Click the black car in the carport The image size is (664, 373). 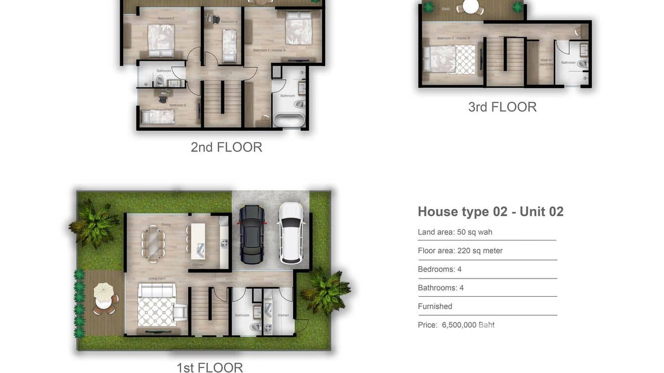252,234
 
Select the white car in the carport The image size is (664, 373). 291,233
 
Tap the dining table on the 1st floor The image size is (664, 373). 154,243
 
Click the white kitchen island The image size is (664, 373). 198,241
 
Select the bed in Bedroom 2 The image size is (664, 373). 161,41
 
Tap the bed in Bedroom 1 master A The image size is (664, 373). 298,28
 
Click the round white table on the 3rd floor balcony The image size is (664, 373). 471,6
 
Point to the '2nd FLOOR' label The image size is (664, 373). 226,147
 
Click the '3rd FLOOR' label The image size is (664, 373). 502,107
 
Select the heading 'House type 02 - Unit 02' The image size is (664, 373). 490,212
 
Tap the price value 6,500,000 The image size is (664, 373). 459,325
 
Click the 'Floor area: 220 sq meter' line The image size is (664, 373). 460,251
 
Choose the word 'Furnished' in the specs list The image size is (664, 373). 435,306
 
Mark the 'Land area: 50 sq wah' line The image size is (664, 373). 455,232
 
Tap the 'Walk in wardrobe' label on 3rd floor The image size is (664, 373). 546,62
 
